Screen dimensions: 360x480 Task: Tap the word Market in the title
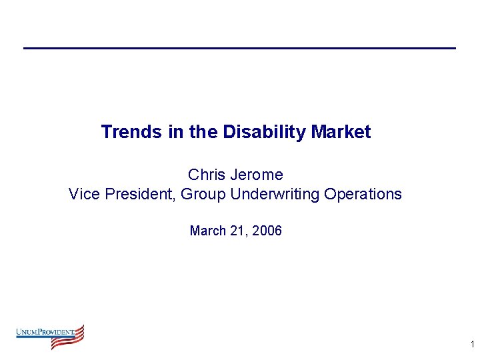pyautogui.click(x=341, y=132)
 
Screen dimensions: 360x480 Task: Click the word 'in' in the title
pyautogui.click(x=176, y=132)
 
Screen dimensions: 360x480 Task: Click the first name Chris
pyautogui.click(x=206, y=175)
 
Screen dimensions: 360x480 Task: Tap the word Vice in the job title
pyautogui.click(x=84, y=194)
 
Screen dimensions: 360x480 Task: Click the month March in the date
pyautogui.click(x=207, y=231)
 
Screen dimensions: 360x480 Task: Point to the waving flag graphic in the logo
pyautogui.click(x=70, y=337)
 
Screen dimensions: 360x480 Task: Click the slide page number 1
pyautogui.click(x=472, y=345)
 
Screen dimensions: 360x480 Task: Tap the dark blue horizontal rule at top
pyautogui.click(x=239, y=48)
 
